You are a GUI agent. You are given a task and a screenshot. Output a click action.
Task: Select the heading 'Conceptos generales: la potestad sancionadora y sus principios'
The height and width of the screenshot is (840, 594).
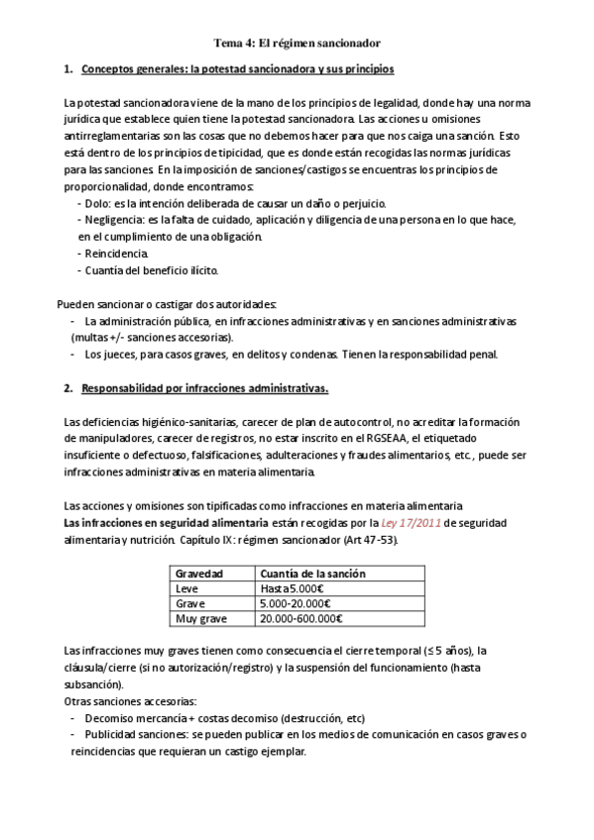point(237,69)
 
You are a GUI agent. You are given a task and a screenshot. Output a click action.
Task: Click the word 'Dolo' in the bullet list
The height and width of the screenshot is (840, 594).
point(97,202)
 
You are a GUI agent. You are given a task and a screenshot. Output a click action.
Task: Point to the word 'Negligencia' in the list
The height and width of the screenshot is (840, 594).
point(113,219)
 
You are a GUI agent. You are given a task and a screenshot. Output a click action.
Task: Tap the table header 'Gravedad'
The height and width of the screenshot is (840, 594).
point(198,574)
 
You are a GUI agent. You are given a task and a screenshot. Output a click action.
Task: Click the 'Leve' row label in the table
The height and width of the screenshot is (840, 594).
point(186,588)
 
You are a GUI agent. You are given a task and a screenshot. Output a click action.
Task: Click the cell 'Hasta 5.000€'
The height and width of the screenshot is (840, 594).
point(291,588)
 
